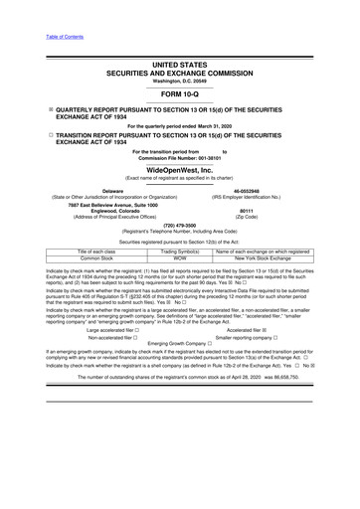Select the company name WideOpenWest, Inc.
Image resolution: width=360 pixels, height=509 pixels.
point(179,171)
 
